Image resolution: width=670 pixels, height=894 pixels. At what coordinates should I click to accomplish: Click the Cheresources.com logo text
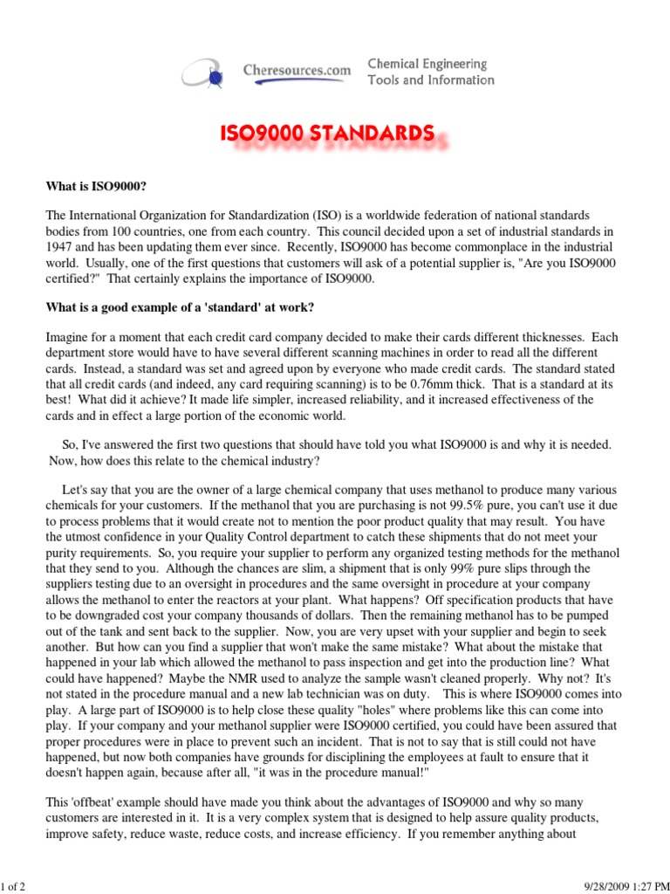click(x=297, y=70)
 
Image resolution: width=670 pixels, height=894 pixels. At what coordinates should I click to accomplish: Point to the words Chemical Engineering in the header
click(x=427, y=65)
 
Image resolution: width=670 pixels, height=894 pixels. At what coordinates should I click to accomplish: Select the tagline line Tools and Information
click(x=431, y=80)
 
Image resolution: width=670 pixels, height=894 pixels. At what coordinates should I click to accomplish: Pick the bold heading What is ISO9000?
click(x=96, y=187)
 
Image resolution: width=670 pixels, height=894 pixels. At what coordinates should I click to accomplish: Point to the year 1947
click(x=61, y=246)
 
